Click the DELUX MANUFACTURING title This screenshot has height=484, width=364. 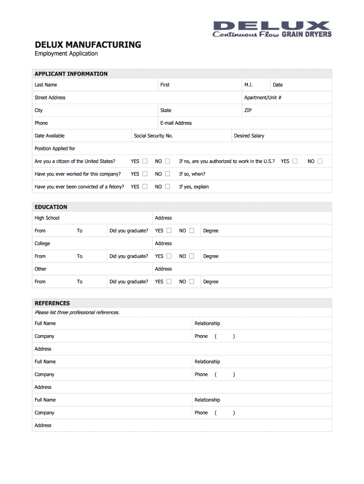click(x=88, y=45)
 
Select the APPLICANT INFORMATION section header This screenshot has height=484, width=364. click(x=71, y=74)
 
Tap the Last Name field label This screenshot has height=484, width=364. click(x=46, y=85)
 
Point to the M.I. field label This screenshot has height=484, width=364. click(x=249, y=85)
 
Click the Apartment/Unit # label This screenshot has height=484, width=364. click(x=263, y=97)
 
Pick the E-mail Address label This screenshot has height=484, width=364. click(x=176, y=123)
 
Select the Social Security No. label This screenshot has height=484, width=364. click(x=153, y=136)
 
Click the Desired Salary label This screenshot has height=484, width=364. click(x=249, y=136)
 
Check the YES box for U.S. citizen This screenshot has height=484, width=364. click(x=145, y=161)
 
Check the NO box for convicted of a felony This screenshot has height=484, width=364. click(x=167, y=187)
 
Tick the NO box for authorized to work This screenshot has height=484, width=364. click(x=320, y=161)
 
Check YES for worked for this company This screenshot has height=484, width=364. click(x=145, y=174)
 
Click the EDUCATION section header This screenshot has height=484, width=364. click(x=51, y=207)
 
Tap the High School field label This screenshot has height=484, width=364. click(x=47, y=218)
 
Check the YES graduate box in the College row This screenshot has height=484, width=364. click(x=169, y=256)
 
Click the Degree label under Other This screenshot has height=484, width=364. click(x=211, y=282)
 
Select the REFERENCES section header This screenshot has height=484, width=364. click(x=52, y=303)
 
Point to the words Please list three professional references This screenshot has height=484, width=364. click(x=77, y=312)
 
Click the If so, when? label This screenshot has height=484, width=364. click(x=192, y=174)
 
